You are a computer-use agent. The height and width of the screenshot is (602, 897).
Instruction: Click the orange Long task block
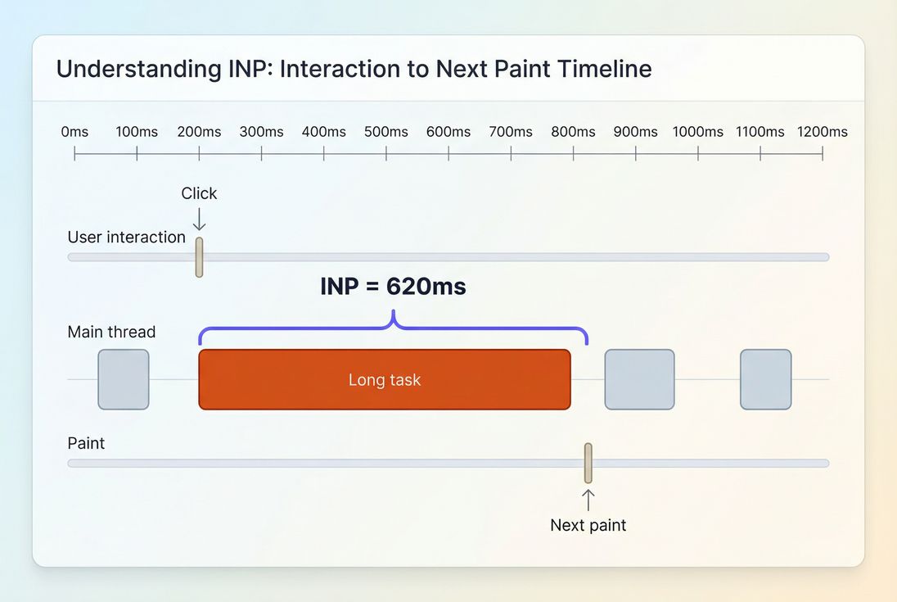tap(384, 379)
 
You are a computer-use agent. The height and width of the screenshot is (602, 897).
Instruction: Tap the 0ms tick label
tap(74, 132)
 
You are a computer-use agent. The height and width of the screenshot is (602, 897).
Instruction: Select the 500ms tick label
tap(386, 132)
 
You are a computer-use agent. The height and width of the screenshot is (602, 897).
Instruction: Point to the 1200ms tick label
tap(823, 132)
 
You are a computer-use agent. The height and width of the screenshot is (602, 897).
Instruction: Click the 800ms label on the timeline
tap(573, 132)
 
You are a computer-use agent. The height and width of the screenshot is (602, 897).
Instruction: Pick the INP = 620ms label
tap(393, 287)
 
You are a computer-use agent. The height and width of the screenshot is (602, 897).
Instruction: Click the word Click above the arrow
tap(199, 193)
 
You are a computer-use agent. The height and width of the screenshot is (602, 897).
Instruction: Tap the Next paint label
tap(588, 525)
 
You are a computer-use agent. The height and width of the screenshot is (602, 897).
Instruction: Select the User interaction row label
tap(127, 238)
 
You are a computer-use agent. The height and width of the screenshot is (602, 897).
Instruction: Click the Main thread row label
tap(111, 332)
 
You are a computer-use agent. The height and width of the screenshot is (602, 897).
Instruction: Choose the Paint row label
tap(86, 443)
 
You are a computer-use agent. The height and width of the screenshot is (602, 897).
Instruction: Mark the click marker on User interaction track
tap(199, 257)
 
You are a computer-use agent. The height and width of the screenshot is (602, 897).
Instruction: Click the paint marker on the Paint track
tap(588, 463)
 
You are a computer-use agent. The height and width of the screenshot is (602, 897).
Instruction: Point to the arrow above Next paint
tap(588, 499)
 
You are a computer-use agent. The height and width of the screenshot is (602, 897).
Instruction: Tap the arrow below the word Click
tap(199, 219)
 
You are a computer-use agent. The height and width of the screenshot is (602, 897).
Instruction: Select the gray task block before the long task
tap(124, 379)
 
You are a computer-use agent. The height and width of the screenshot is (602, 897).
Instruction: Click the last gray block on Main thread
tap(765, 379)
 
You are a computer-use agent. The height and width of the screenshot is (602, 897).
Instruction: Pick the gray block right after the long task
tap(639, 379)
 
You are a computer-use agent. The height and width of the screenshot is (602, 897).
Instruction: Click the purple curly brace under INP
tap(393, 328)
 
